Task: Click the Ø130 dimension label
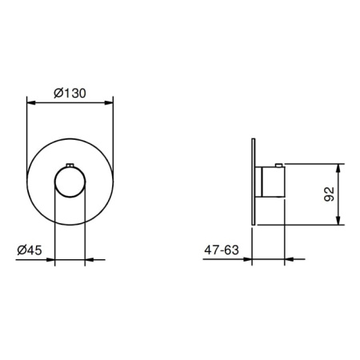(x=70, y=93)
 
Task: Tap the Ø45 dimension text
(x=30, y=250)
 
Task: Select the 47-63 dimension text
(x=222, y=250)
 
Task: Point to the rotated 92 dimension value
(x=329, y=194)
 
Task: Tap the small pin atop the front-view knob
(x=70, y=166)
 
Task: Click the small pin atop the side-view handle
(x=278, y=166)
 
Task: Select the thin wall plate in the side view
(x=254, y=182)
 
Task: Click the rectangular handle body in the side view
(x=274, y=182)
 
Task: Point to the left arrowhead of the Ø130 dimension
(x=31, y=102)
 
